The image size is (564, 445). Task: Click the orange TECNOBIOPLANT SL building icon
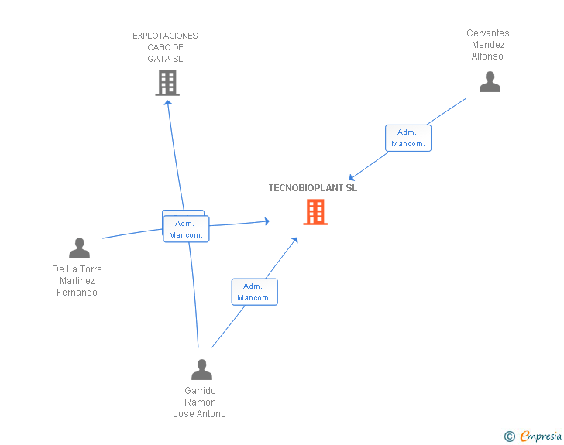click(315, 212)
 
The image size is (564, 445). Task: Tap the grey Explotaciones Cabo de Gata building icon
click(167, 83)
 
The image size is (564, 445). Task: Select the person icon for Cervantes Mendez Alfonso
click(490, 81)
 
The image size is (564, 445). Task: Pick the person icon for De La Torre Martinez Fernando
click(79, 248)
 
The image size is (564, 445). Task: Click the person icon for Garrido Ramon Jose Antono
click(201, 369)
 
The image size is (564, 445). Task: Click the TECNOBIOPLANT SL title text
click(312, 188)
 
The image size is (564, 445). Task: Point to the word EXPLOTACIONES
click(165, 36)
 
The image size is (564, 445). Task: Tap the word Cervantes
click(488, 33)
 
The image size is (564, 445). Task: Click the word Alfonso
click(487, 56)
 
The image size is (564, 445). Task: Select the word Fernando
click(77, 293)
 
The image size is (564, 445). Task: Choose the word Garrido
click(200, 391)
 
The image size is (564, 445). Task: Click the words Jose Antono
click(200, 414)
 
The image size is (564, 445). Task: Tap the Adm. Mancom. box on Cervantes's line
click(408, 138)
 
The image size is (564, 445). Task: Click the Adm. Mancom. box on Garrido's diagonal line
click(255, 292)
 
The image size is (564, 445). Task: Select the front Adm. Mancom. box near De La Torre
click(186, 229)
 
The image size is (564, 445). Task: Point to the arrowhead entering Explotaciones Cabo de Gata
click(167, 103)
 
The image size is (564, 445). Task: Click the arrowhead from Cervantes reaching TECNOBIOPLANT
click(352, 177)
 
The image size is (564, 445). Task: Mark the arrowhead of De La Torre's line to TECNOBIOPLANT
click(267, 221)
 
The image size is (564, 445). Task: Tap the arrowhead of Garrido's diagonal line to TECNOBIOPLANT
click(295, 240)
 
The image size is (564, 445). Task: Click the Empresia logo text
click(541, 436)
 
